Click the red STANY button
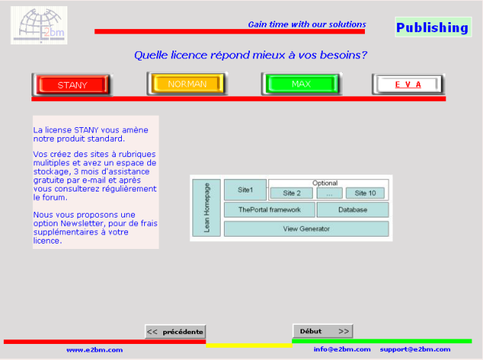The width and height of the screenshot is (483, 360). pyautogui.click(x=72, y=84)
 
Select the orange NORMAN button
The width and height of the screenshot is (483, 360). pyautogui.click(x=187, y=83)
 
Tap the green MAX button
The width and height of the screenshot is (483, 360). pyautogui.click(x=301, y=83)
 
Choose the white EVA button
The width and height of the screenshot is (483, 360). pyautogui.click(x=408, y=84)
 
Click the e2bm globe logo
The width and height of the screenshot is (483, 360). pyautogui.click(x=39, y=25)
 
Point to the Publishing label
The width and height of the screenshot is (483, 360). pyautogui.click(x=433, y=27)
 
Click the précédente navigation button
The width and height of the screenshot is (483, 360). pyautogui.click(x=176, y=332)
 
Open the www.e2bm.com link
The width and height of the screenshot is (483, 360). pyautogui.click(x=94, y=350)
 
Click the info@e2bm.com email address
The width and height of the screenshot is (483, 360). pyautogui.click(x=342, y=349)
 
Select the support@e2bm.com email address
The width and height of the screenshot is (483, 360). pyautogui.click(x=415, y=349)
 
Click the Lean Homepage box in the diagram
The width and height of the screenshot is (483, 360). pyautogui.click(x=206, y=208)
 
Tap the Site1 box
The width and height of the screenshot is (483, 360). pyautogui.click(x=245, y=190)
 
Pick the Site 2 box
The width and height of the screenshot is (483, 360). pyautogui.click(x=291, y=193)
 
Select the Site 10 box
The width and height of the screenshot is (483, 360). pyautogui.click(x=365, y=193)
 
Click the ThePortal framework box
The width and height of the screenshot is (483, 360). pyautogui.click(x=270, y=210)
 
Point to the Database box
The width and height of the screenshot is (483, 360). pyautogui.click(x=353, y=210)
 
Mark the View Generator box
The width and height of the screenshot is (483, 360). pyautogui.click(x=306, y=228)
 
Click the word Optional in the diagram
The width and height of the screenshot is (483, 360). pyautogui.click(x=325, y=183)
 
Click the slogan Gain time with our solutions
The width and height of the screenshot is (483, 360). pyautogui.click(x=307, y=25)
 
